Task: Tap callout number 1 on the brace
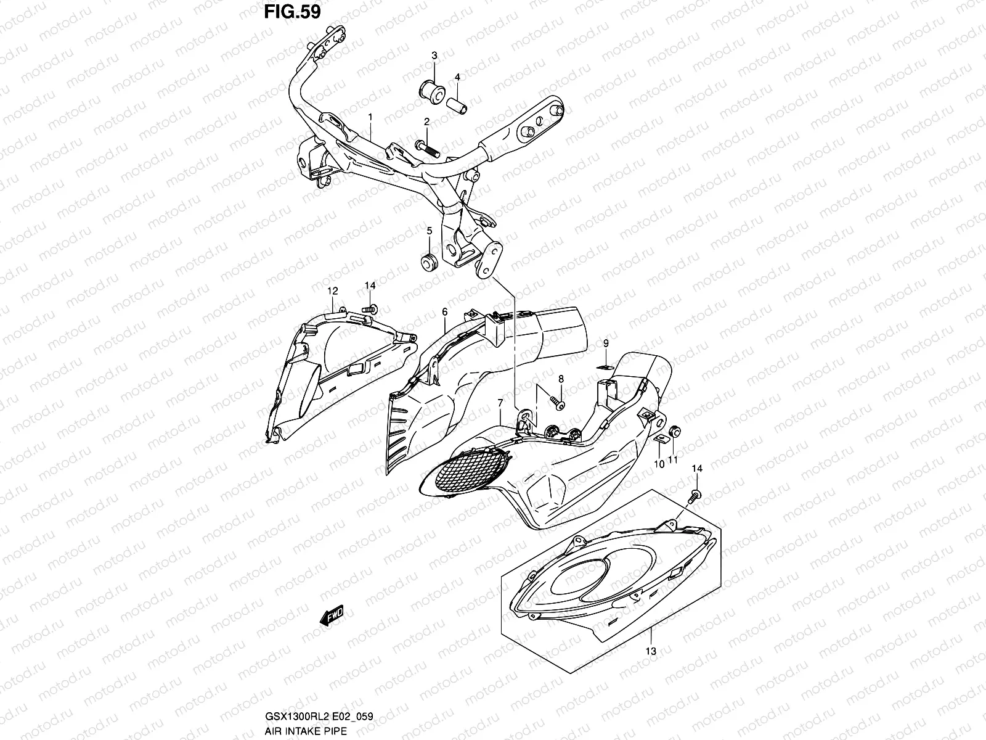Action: coord(370,117)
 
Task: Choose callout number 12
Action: coord(333,290)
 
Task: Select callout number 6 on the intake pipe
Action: coord(444,313)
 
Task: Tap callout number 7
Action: coord(500,403)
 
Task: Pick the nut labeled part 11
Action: coord(674,431)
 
